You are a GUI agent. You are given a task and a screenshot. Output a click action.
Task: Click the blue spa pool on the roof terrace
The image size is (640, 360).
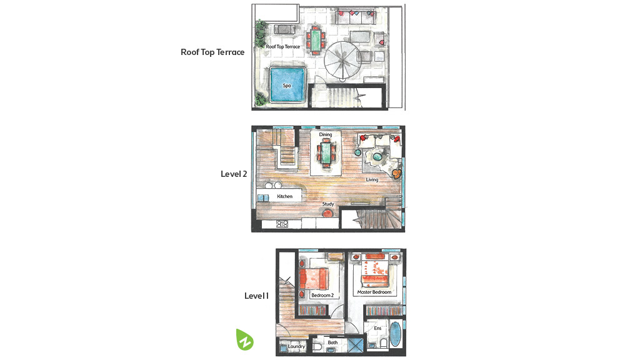click(x=287, y=85)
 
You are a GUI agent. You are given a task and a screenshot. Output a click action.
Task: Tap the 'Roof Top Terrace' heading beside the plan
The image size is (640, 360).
click(x=212, y=52)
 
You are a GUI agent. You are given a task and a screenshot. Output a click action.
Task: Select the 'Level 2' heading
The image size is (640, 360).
click(x=234, y=174)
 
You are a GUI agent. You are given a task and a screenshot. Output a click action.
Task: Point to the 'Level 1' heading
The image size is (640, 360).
click(x=256, y=296)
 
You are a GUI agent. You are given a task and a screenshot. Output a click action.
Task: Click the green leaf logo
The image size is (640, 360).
click(x=244, y=339)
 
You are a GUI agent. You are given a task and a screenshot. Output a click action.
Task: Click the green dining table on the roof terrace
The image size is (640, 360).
click(x=316, y=39)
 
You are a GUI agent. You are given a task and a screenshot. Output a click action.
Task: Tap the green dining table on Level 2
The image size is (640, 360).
click(x=326, y=152)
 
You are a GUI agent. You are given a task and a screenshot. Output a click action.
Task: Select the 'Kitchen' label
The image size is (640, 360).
click(x=284, y=196)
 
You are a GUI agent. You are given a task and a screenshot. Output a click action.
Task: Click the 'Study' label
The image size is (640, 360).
click(x=328, y=204)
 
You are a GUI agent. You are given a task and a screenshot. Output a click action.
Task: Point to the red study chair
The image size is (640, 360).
click(x=327, y=212)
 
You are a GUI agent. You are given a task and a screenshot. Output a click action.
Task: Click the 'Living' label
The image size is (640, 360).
click(x=372, y=179)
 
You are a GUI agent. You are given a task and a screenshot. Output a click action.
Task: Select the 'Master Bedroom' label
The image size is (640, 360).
click(x=374, y=292)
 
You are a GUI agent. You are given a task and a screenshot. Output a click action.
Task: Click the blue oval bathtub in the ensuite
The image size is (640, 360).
click(x=395, y=334)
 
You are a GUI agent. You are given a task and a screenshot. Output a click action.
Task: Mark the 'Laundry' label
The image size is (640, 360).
click(x=296, y=346)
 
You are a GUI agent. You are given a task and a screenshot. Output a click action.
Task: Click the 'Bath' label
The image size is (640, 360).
click(x=332, y=342)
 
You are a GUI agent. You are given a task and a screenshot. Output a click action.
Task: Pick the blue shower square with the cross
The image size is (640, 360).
click(x=356, y=344)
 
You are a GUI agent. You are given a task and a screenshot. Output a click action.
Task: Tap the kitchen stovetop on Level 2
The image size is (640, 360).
click(x=282, y=224)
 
